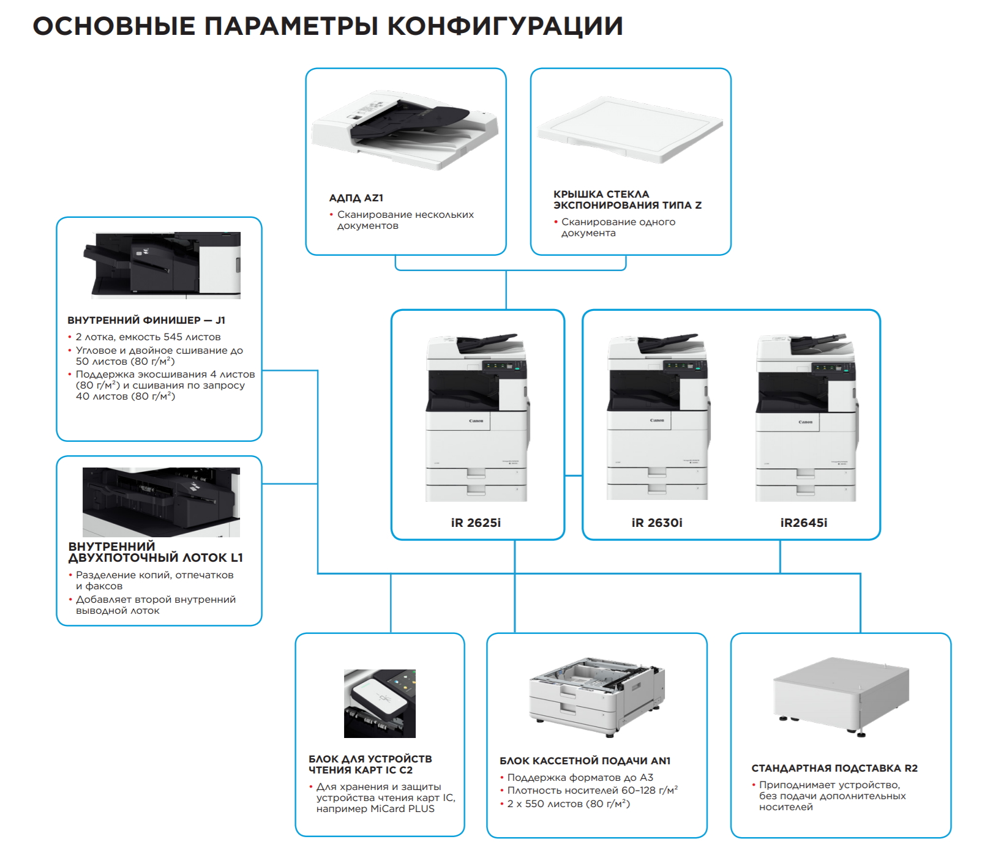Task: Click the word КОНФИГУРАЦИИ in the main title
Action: [x=505, y=26]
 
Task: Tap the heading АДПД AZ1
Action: [x=356, y=198]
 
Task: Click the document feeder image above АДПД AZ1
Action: [x=404, y=130]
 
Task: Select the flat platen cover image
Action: [x=629, y=130]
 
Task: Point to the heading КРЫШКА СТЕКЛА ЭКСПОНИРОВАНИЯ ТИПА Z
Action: [x=627, y=199]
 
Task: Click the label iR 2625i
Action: [x=476, y=523]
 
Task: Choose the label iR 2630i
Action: [x=656, y=523]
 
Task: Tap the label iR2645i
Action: [x=803, y=523]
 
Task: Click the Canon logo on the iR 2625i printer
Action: [x=476, y=421]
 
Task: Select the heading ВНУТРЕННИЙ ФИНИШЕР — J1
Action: [x=146, y=320]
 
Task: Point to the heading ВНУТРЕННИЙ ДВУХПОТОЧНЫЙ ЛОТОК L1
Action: [x=155, y=552]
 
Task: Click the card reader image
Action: [x=380, y=703]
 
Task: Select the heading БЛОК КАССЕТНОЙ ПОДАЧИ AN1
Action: [x=585, y=761]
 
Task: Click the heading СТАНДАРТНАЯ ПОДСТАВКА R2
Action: [x=834, y=768]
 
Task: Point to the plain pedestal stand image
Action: [x=840, y=695]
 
